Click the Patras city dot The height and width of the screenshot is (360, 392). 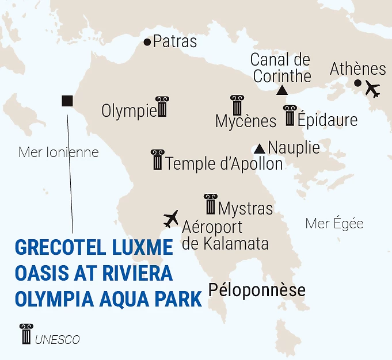[x=147, y=42]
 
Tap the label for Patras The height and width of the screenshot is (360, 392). [x=175, y=42]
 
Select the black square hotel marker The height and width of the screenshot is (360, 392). [x=67, y=101]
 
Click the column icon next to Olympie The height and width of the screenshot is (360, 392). [x=162, y=107]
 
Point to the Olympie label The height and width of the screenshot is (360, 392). [x=128, y=111]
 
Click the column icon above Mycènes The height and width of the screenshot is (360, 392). [x=237, y=105]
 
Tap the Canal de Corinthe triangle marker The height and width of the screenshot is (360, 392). [x=281, y=90]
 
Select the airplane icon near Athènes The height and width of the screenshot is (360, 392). [x=373, y=90]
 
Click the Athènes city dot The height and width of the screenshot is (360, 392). [x=357, y=83]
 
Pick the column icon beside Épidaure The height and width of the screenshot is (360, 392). [x=290, y=116]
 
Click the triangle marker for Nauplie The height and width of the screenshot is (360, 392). [x=260, y=147]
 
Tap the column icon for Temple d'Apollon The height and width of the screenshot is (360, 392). [x=157, y=160]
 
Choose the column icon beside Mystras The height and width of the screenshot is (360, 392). [x=211, y=204]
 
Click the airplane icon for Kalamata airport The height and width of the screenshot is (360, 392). [x=172, y=219]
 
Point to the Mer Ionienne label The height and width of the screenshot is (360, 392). [x=59, y=152]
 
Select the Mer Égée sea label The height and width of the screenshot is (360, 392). [x=334, y=224]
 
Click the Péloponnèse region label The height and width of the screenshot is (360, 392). [x=257, y=290]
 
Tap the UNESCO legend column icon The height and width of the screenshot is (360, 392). [x=26, y=334]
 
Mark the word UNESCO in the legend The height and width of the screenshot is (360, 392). [x=57, y=340]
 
